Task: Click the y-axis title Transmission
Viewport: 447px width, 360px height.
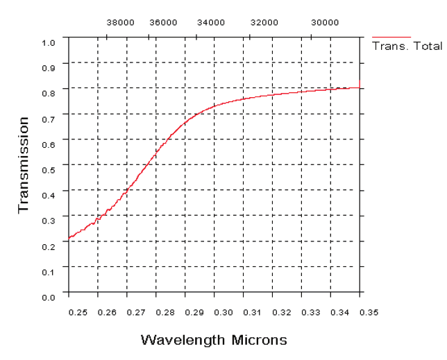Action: [24, 165]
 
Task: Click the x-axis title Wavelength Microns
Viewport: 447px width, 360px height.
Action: [214, 340]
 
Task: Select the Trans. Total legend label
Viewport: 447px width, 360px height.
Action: [407, 46]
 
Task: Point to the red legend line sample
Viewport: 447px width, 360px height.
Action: [391, 37]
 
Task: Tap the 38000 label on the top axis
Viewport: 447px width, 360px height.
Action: [120, 22]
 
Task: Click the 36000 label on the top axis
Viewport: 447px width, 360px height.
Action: [164, 22]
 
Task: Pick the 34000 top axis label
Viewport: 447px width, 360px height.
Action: [211, 22]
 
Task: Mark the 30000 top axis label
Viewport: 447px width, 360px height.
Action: [325, 22]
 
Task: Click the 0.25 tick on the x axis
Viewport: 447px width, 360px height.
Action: [78, 313]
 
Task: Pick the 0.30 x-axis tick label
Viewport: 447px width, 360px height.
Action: [223, 313]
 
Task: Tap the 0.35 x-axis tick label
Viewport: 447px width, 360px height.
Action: [369, 313]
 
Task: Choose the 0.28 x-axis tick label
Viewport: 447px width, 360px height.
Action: [165, 313]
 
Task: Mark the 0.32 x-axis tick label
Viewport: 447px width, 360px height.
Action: [282, 313]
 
